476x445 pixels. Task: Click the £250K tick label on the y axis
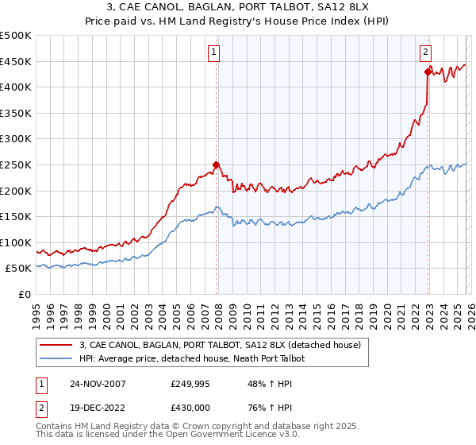point(16,164)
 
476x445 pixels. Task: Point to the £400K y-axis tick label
point(16,87)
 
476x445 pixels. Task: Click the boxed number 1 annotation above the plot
point(215,53)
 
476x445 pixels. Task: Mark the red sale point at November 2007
point(216,165)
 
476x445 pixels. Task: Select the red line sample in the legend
point(55,345)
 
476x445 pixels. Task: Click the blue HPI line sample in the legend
point(55,358)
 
